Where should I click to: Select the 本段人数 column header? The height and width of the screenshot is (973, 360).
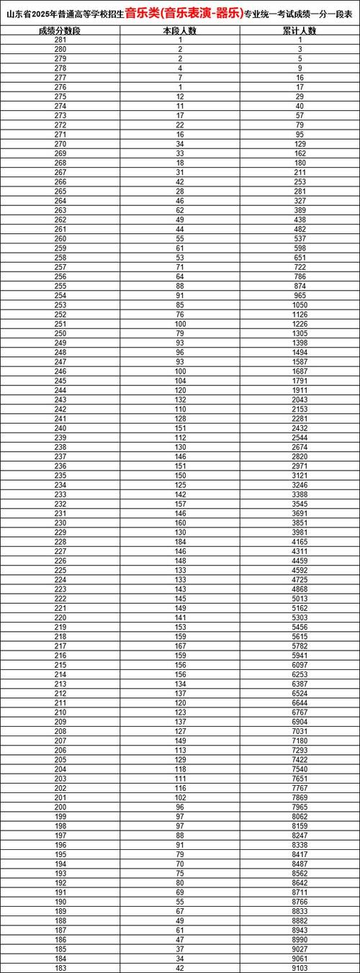pos(181,32)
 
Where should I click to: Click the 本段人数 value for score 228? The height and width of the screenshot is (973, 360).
pos(181,542)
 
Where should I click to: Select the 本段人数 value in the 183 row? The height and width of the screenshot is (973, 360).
pos(181,968)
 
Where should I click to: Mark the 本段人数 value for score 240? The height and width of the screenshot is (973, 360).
pos(181,428)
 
